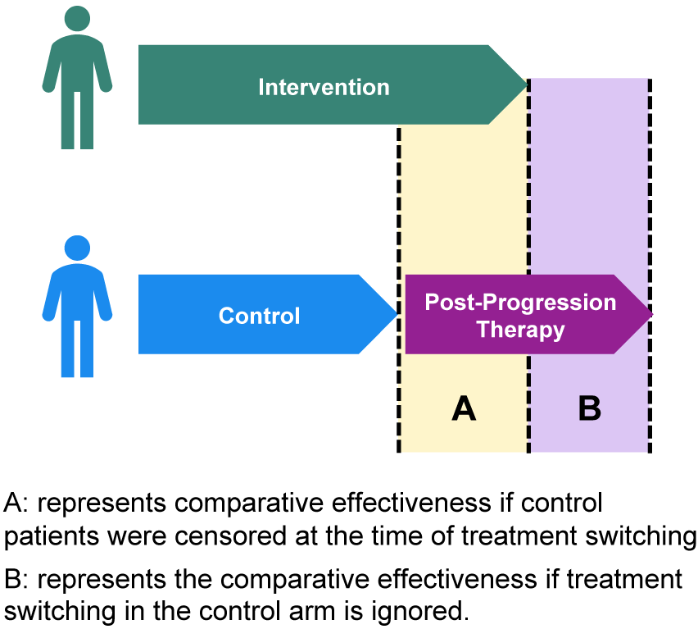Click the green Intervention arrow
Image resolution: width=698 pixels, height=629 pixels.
[333, 84]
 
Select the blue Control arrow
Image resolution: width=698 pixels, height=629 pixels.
[268, 315]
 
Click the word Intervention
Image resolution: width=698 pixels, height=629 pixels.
[324, 87]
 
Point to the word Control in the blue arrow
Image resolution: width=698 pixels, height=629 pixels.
[259, 316]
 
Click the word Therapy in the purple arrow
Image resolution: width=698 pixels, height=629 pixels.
[520, 330]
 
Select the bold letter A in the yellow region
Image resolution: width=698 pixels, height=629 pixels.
[464, 408]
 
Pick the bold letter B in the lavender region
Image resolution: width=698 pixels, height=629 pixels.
[590, 408]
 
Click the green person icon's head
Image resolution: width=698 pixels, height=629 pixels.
[78, 19]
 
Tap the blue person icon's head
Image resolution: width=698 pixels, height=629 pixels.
[78, 248]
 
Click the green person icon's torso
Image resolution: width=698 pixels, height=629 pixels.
[77, 63]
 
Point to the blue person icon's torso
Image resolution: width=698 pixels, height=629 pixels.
[77, 292]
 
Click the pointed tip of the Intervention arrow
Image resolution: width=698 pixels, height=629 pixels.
[528, 84]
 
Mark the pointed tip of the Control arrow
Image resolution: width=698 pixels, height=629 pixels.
[397, 315]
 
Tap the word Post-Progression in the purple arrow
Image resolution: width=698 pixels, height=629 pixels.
[520, 303]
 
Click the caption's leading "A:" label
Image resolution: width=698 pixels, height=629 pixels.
[16, 504]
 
